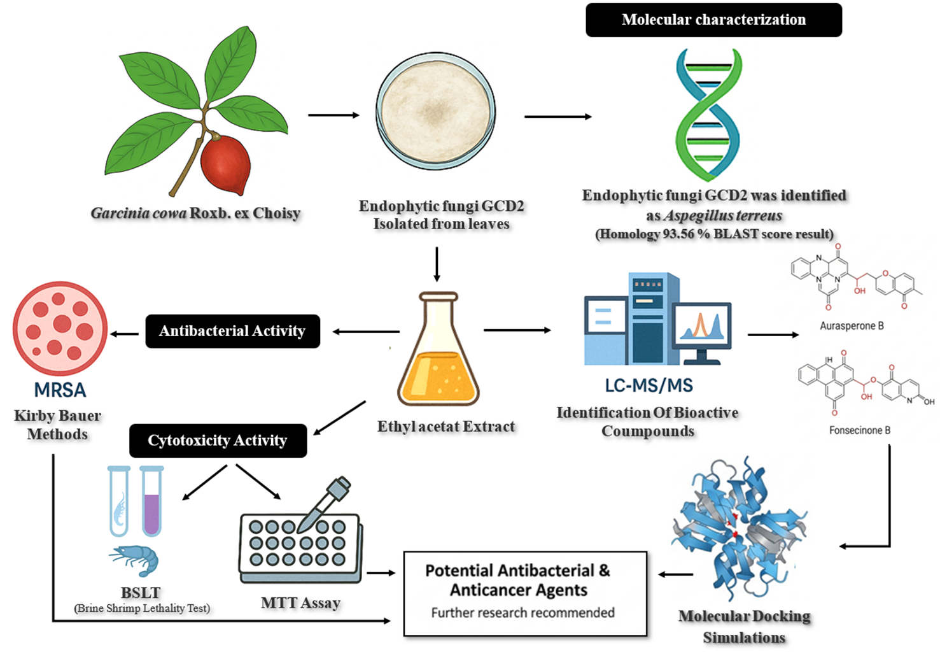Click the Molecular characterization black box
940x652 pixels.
point(713,20)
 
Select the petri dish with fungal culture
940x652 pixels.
point(436,112)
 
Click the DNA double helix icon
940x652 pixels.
point(708,115)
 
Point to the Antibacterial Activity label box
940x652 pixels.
point(232,331)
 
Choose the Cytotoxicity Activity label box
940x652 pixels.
point(218,441)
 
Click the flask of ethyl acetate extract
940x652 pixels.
point(438,357)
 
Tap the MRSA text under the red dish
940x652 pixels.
point(60,390)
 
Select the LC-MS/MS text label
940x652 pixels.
point(649,385)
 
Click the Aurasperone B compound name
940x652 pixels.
point(852,326)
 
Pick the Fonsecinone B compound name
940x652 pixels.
point(859,430)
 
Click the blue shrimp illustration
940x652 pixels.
point(136,560)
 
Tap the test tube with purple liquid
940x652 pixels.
point(151,502)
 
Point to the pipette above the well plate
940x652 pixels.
point(325,504)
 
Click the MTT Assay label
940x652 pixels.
point(300,602)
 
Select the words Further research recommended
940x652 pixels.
point(523,613)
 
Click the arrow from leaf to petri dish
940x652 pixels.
point(333,115)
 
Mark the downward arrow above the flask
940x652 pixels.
point(437,264)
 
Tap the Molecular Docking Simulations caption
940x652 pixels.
point(744,627)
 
